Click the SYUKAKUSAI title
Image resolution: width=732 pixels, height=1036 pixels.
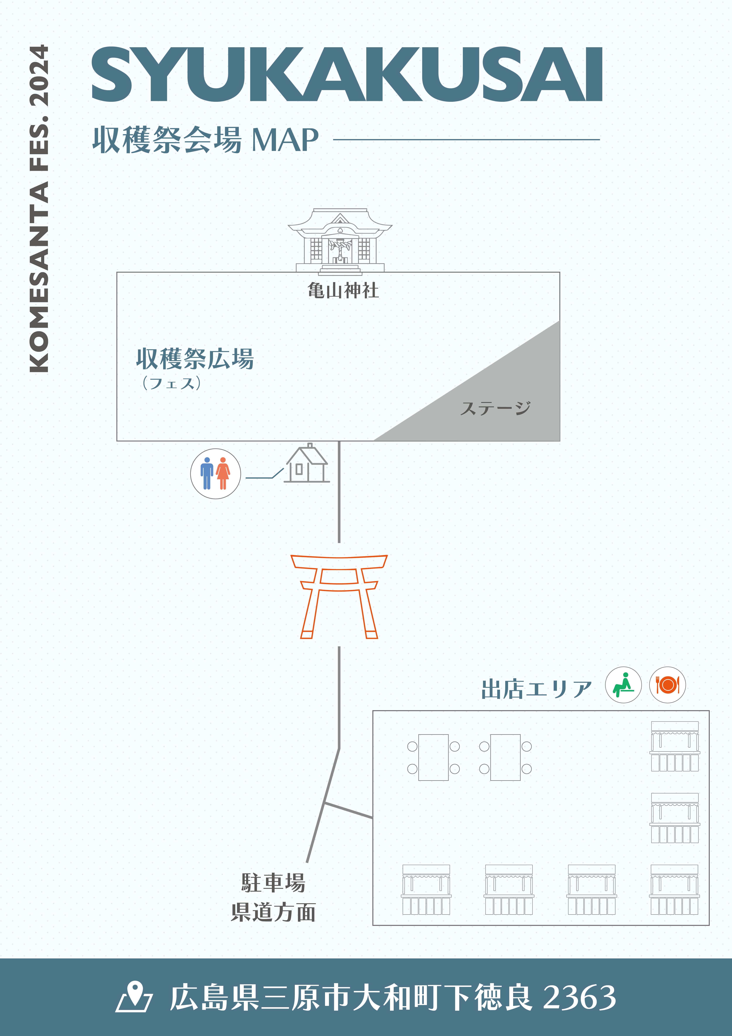347,74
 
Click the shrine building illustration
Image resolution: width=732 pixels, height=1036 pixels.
340,241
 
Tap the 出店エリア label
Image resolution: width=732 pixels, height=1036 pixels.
536,689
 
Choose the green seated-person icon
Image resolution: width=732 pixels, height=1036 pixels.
623,685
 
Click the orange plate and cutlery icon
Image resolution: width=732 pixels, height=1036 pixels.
667,685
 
